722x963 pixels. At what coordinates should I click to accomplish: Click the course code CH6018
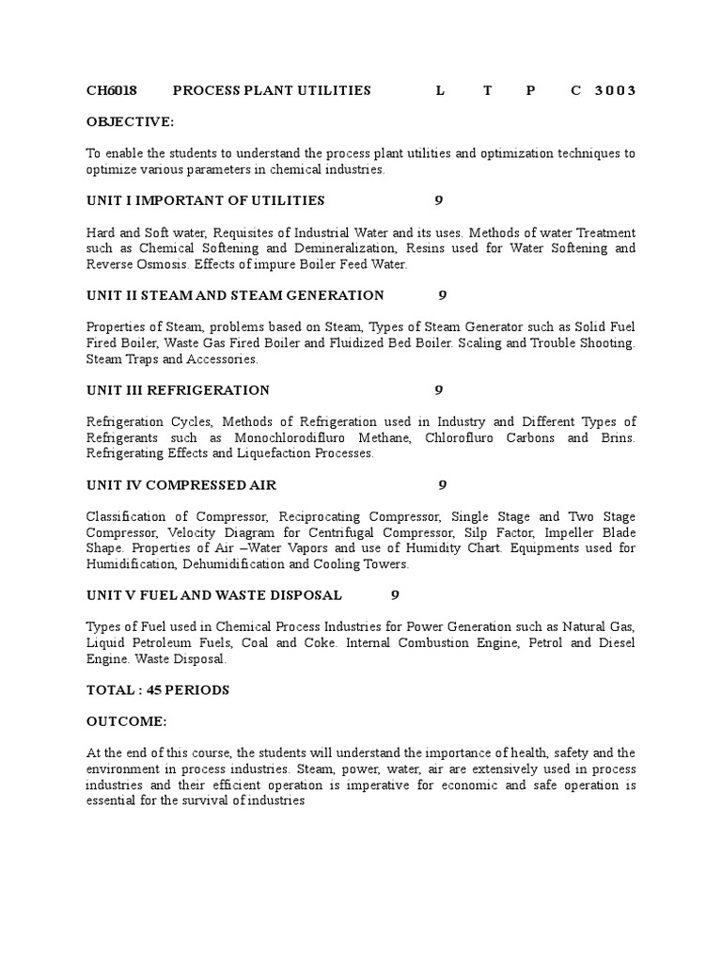pos(112,90)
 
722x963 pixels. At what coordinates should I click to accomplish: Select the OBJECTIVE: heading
pos(130,121)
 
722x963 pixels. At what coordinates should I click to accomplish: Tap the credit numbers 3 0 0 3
pos(615,90)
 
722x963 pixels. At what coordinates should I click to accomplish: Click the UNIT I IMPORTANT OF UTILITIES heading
pos(205,200)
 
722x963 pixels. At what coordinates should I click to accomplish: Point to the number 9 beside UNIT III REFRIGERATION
pos(438,390)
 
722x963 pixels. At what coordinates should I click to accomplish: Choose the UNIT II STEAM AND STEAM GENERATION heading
pos(235,295)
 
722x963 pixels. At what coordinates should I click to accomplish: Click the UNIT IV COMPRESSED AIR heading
pos(181,485)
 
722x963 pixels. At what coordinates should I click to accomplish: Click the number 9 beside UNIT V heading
pos(395,595)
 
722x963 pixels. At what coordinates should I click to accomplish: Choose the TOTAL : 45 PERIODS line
pos(158,690)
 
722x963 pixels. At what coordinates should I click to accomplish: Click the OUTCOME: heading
pos(126,721)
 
